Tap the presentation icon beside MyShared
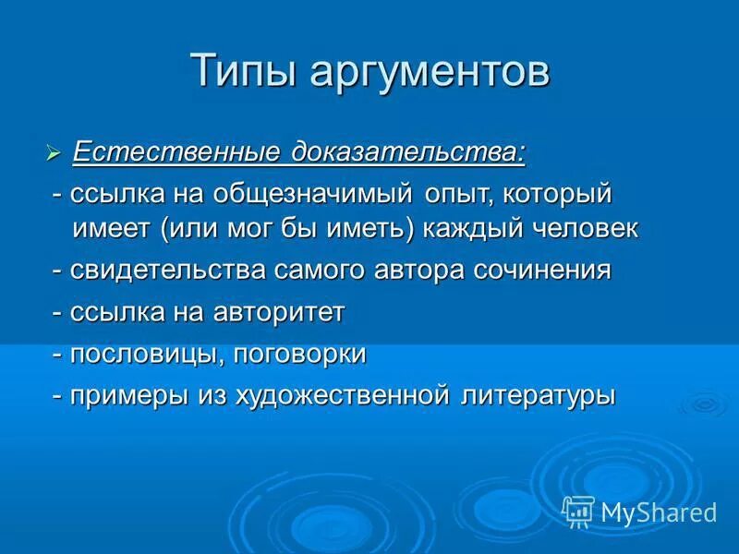tap(577, 512)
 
